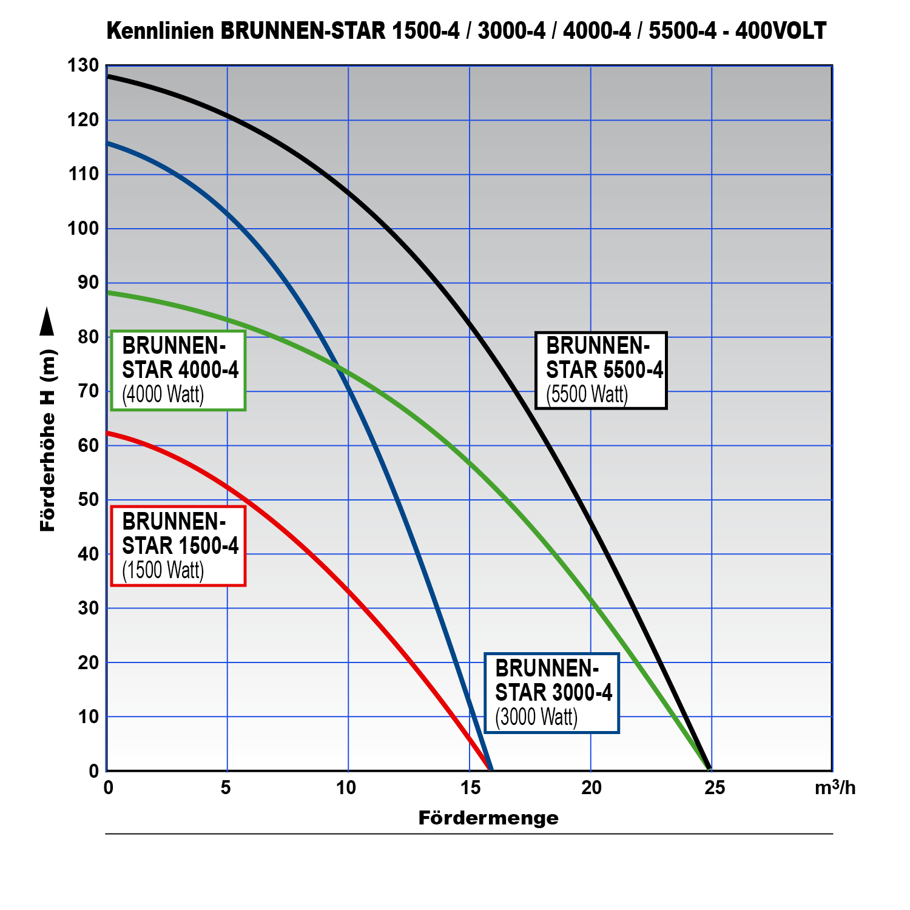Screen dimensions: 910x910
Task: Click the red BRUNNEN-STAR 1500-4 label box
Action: (x=178, y=546)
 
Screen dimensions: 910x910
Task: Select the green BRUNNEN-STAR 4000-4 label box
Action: (x=178, y=371)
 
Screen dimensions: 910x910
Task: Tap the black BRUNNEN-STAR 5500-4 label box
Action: (x=601, y=371)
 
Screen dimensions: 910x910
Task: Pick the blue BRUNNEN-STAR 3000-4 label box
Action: (x=551, y=693)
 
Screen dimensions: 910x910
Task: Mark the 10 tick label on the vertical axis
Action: (x=89, y=716)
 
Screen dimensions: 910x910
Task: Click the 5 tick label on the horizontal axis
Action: (x=226, y=788)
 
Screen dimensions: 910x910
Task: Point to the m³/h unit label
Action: (x=835, y=788)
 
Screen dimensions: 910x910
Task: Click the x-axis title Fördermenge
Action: (x=488, y=818)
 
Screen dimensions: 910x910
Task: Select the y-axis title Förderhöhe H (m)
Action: (x=48, y=441)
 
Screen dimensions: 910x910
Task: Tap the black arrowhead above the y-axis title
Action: (x=47, y=322)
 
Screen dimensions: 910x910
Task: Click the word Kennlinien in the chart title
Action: (x=160, y=31)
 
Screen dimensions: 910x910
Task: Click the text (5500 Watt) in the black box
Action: (x=587, y=394)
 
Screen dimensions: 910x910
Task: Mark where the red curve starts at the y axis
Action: (x=108, y=433)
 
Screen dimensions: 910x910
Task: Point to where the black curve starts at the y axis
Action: (x=108, y=76)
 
